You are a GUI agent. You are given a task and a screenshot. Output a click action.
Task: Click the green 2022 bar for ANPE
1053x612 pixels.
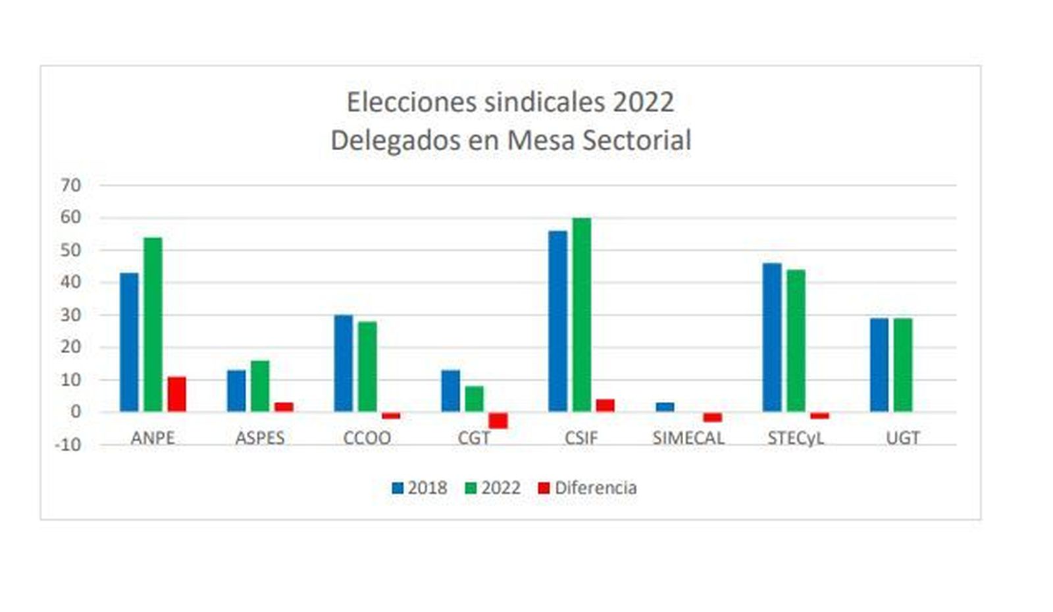pos(153,324)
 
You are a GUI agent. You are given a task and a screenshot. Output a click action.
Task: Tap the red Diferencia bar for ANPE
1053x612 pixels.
pos(176,394)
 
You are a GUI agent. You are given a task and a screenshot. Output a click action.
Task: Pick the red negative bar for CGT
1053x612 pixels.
pos(498,420)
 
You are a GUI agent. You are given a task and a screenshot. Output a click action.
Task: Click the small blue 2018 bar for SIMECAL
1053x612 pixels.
pos(665,407)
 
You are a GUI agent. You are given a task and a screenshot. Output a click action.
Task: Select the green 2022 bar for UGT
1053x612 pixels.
pos(903,365)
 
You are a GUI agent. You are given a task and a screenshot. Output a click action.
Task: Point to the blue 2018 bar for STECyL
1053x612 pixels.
pos(772,337)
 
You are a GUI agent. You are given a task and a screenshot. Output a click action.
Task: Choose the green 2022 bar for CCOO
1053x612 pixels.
pos(367,366)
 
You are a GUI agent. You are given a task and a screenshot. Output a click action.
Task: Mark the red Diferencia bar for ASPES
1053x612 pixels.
pos(284,406)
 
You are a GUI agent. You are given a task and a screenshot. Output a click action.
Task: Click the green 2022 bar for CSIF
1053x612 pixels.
pos(582,315)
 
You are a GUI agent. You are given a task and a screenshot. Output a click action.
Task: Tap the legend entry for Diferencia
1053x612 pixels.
pos(587,488)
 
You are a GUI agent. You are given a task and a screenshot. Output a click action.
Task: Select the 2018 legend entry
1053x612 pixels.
pos(419,488)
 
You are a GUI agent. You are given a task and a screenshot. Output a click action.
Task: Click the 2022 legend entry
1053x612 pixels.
pos(493,488)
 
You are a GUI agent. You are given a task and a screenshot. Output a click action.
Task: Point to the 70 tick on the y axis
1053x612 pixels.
pos(70,185)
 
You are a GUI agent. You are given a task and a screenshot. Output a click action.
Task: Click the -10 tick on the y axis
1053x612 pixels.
pos(68,445)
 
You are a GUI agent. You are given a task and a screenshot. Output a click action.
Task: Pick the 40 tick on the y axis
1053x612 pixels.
pos(70,282)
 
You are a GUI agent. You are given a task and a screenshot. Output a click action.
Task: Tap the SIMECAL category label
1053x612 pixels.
pos(688,438)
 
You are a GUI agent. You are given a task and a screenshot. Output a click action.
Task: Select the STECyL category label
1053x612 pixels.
pos(795,438)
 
